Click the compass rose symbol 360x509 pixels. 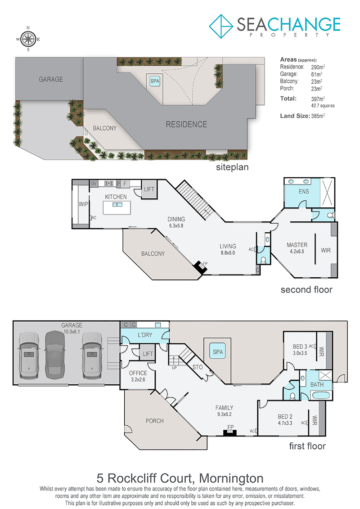(28, 39)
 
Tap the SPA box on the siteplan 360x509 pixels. (155, 81)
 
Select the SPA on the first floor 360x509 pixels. (218, 351)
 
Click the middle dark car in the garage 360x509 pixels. (54, 355)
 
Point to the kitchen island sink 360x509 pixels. (117, 204)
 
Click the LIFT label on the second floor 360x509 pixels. (149, 189)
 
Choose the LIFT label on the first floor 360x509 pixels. (148, 354)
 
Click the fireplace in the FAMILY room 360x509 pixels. (230, 432)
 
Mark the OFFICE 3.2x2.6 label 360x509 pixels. (138, 376)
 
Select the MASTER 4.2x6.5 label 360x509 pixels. (297, 248)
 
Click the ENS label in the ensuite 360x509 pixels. (304, 192)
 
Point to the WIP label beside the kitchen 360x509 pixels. (83, 204)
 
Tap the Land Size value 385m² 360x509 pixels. (318, 116)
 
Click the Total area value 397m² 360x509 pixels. (318, 99)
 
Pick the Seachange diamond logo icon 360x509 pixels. (221, 26)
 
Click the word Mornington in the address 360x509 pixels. (231, 478)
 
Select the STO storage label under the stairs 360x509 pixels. (198, 367)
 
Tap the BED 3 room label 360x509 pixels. (300, 347)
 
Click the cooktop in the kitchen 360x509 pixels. (109, 184)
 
